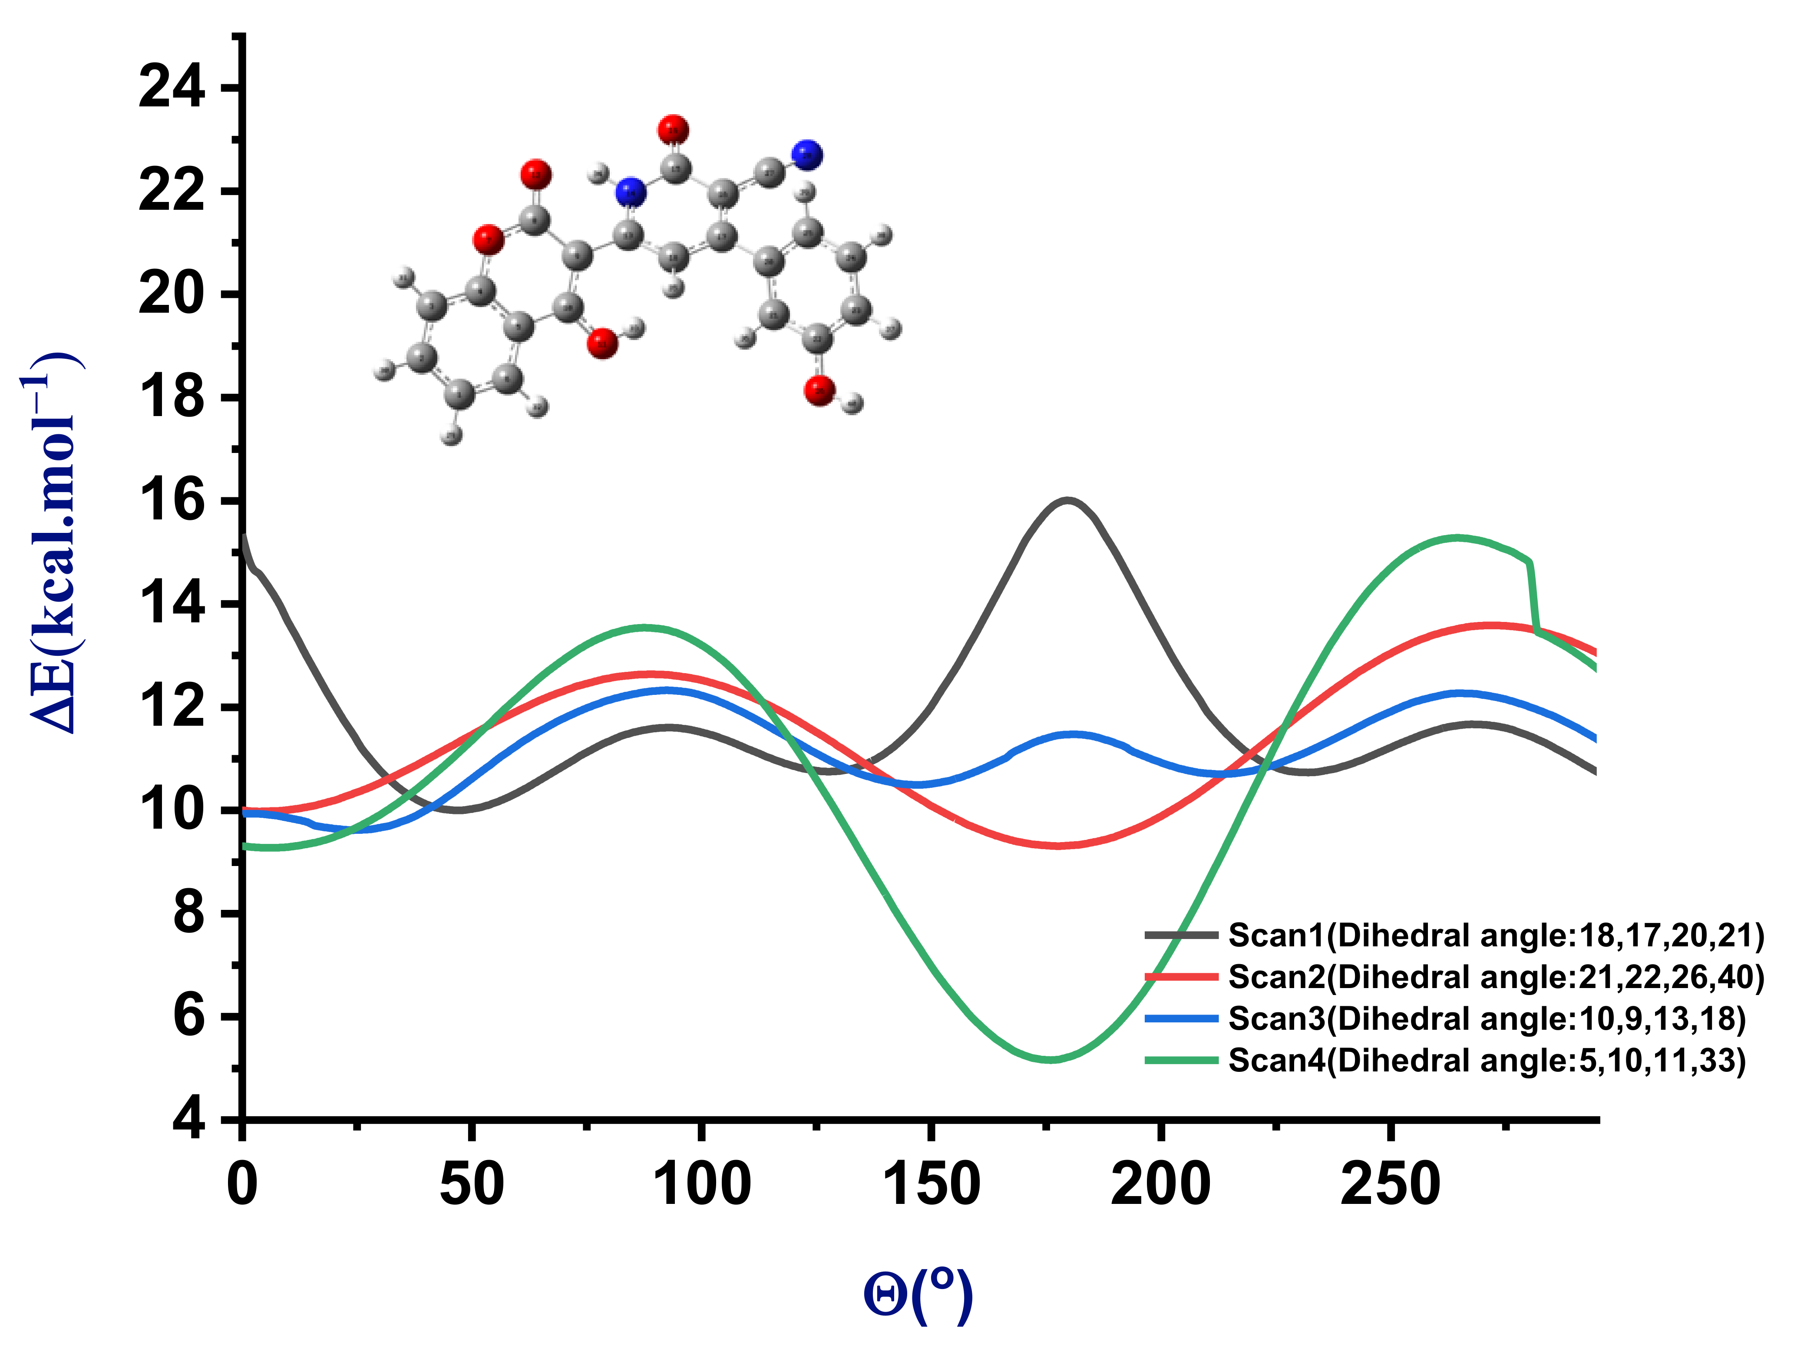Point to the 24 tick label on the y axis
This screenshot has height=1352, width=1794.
(x=172, y=88)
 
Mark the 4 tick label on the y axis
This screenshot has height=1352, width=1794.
(x=188, y=1121)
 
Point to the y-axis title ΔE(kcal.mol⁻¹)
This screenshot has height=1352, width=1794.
(x=52, y=543)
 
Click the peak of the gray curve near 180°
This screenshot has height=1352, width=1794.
(x=1067, y=500)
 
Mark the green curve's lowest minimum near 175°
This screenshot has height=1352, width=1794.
(x=1050, y=1059)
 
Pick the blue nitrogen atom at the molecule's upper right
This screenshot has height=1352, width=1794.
(x=807, y=155)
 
